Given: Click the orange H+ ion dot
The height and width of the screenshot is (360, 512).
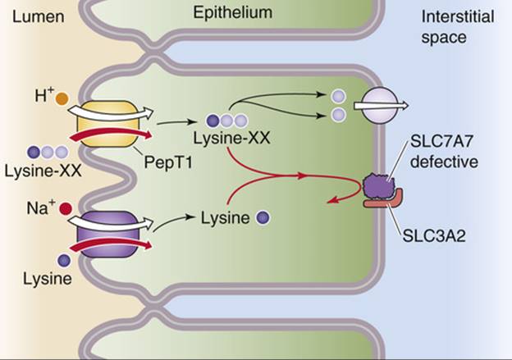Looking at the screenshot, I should (60, 100).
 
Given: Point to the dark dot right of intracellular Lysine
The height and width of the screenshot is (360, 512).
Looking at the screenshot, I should (263, 217).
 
